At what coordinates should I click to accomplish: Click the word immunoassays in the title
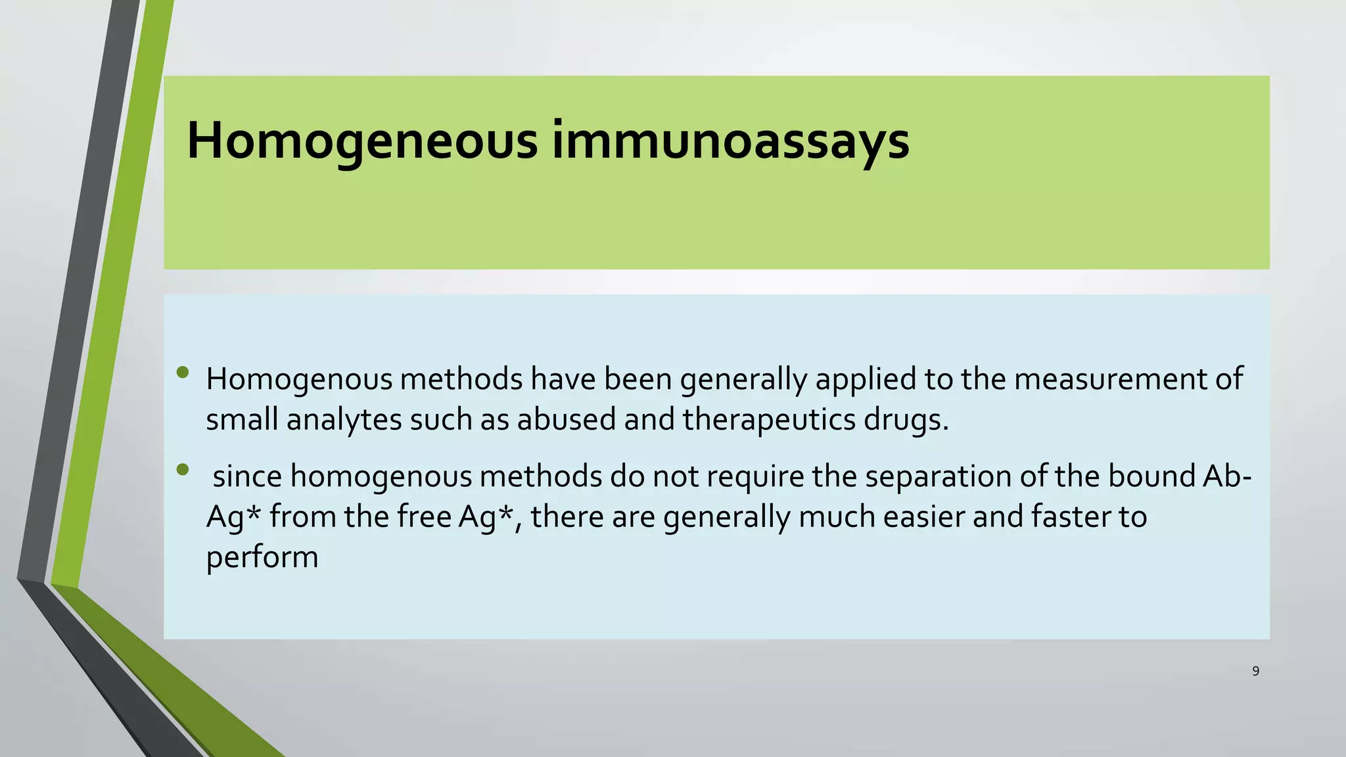tap(730, 141)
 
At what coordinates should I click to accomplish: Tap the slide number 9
tap(1255, 671)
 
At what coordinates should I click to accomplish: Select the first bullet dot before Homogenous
tap(183, 373)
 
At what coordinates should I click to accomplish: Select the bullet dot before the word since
tap(183, 470)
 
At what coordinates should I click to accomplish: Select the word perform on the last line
tap(262, 558)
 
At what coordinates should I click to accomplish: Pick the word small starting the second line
tap(242, 419)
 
